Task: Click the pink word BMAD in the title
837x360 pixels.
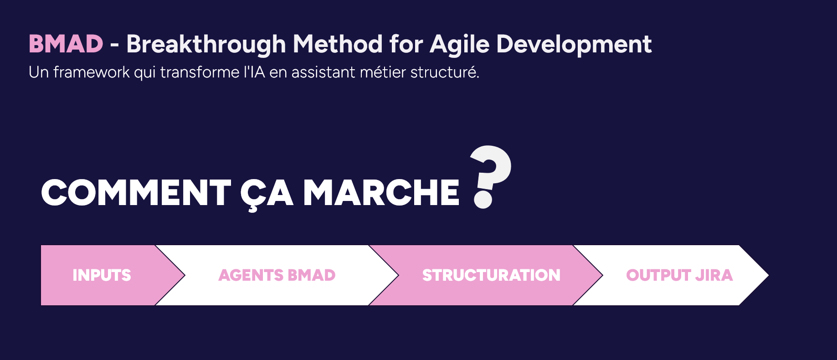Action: tap(66, 44)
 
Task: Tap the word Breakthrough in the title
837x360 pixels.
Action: tap(206, 45)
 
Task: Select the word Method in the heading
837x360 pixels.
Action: tap(338, 44)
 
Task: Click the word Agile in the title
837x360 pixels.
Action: tap(460, 45)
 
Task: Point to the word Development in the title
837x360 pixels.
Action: tap(574, 45)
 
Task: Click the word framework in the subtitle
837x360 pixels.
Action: tap(92, 72)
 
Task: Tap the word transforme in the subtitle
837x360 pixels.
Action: tap(200, 72)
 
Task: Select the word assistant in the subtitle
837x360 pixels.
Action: tap(323, 72)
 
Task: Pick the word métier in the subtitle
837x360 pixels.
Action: tap(383, 72)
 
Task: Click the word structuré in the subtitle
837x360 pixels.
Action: tap(445, 72)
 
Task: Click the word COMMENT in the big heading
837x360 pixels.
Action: tap(136, 192)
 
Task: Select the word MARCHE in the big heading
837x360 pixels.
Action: tap(381, 192)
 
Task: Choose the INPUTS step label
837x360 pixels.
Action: tap(102, 275)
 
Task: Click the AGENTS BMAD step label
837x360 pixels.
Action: tap(277, 275)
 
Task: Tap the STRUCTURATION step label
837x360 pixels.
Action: tap(491, 275)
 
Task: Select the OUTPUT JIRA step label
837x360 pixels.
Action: tap(679, 275)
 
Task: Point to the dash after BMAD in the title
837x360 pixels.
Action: tap(115, 46)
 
